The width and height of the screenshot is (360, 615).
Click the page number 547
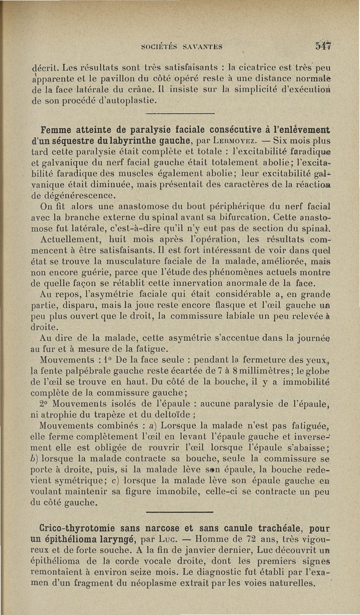point(323,45)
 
